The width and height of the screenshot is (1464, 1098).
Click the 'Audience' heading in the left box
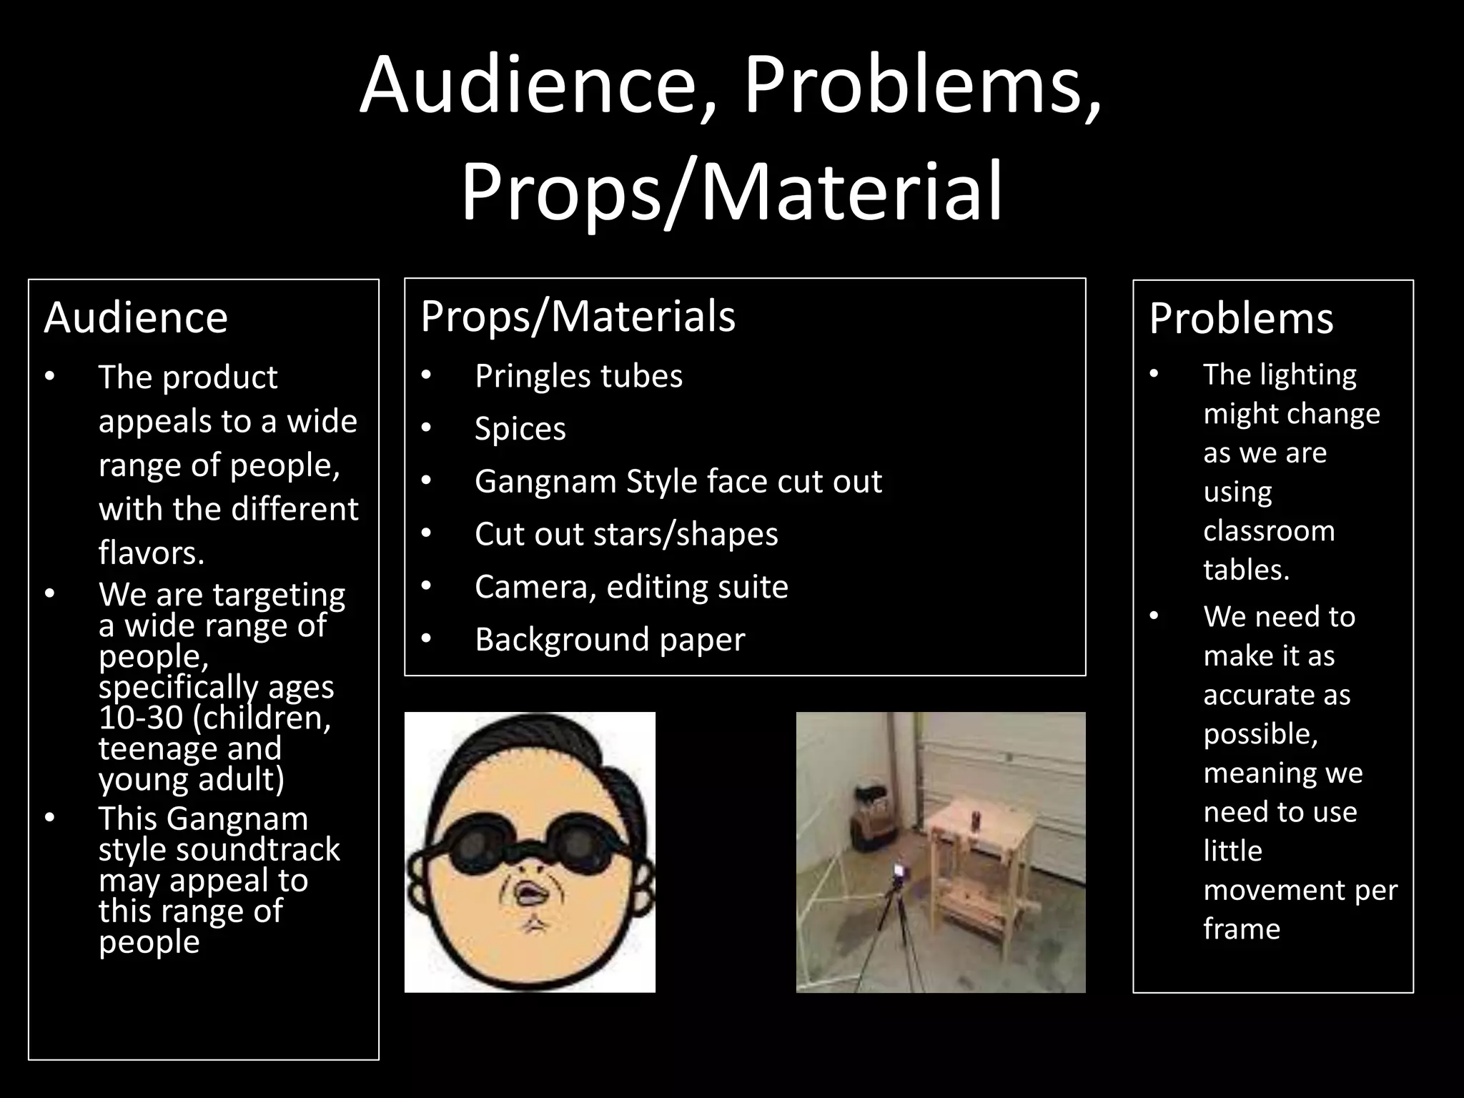click(x=136, y=317)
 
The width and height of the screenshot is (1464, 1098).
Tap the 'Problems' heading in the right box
click(x=1241, y=318)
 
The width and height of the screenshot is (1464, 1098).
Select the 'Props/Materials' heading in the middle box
click(x=578, y=316)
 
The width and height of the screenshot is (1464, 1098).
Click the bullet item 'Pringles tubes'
click(x=578, y=376)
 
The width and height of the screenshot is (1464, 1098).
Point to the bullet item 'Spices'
click(x=520, y=429)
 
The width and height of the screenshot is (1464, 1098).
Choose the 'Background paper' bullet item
click(x=609, y=639)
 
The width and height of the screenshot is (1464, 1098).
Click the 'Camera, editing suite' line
click(x=631, y=587)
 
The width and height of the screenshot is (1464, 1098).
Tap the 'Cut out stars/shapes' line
click(x=626, y=534)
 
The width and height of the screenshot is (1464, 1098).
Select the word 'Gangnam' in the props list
click(x=545, y=481)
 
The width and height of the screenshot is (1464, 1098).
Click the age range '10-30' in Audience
click(x=141, y=718)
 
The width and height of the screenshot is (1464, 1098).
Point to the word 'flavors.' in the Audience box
click(x=152, y=553)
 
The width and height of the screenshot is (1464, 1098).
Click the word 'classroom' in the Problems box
click(x=1269, y=531)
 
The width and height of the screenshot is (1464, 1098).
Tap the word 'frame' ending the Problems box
click(x=1242, y=929)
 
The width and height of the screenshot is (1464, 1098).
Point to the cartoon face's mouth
click(x=527, y=894)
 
